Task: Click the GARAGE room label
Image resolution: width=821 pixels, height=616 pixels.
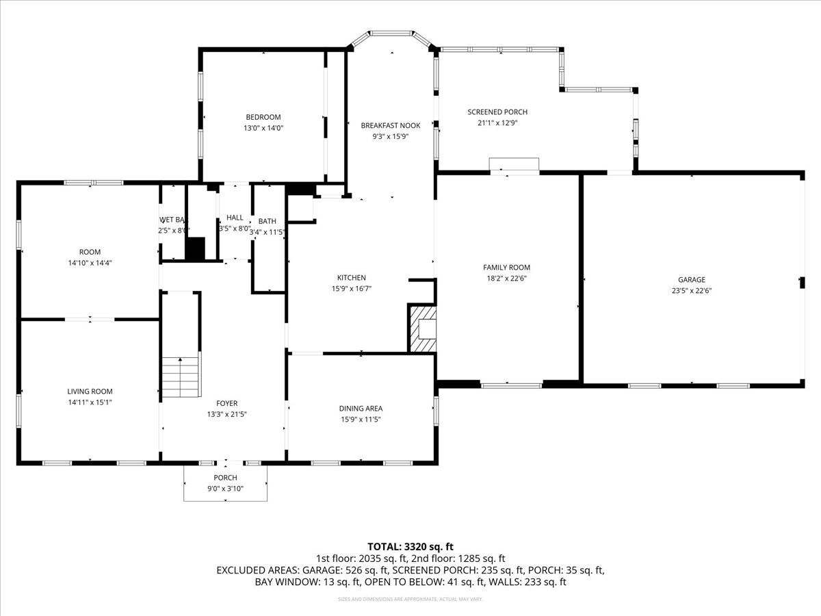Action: click(691, 279)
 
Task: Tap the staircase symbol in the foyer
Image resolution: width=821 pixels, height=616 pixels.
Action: click(181, 377)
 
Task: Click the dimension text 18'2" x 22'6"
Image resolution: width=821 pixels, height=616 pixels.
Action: click(506, 279)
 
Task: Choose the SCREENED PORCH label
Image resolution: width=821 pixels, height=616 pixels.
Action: click(497, 112)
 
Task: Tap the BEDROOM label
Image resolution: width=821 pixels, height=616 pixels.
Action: click(263, 117)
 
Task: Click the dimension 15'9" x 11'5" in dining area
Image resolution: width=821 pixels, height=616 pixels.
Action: click(360, 420)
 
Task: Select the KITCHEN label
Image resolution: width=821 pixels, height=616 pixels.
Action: click(352, 277)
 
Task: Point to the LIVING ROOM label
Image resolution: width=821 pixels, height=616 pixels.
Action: click(90, 392)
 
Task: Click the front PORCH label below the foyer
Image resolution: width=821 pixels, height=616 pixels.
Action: click(225, 478)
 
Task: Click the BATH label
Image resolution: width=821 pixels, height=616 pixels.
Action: click(267, 221)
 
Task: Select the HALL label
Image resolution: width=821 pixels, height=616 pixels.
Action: click(235, 218)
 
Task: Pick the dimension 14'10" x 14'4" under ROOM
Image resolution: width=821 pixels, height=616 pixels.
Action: click(90, 262)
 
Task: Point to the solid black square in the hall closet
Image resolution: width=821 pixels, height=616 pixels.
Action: click(195, 248)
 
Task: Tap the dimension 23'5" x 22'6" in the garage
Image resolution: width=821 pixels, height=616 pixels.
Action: click(691, 290)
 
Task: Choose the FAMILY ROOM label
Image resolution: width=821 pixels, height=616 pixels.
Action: click(506, 268)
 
